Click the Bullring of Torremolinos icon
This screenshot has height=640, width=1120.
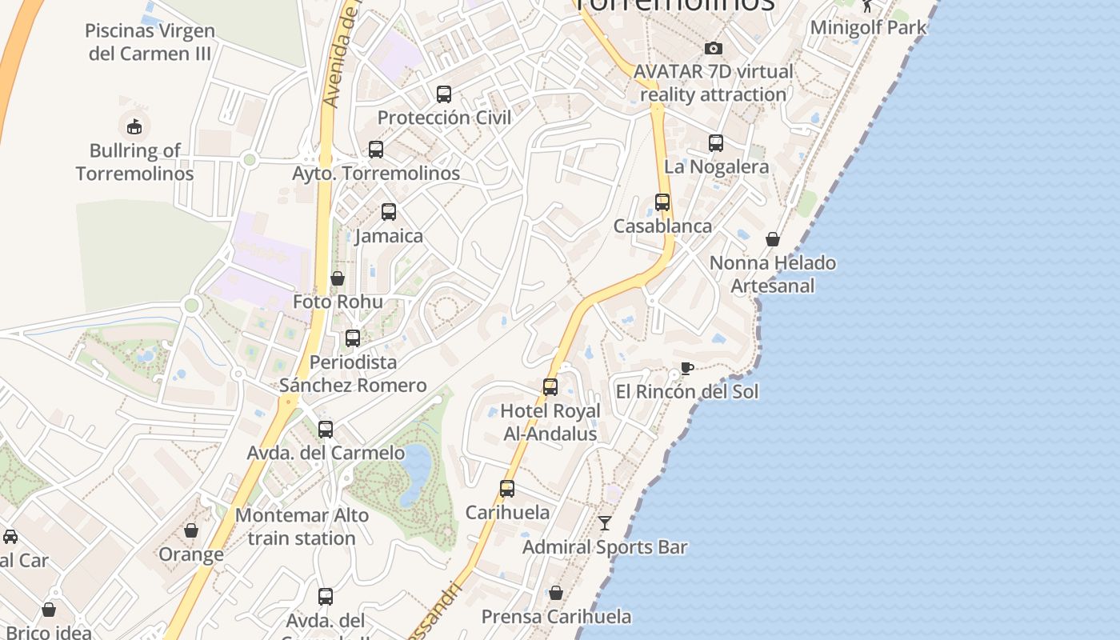[134, 126]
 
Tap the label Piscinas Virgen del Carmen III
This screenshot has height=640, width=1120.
[150, 42]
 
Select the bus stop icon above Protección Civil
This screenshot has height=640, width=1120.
[444, 94]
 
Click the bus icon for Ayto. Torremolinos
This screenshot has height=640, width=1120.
[376, 149]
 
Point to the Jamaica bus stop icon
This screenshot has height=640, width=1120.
[389, 212]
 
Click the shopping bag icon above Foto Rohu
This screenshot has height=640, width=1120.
[338, 278]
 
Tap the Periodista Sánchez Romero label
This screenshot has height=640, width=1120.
[353, 374]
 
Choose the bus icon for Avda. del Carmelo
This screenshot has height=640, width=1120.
[326, 430]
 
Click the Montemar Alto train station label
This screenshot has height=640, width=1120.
[302, 526]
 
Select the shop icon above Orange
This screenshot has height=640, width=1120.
[191, 530]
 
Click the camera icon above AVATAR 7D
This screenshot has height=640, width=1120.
[714, 48]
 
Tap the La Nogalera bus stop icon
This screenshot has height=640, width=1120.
[716, 143]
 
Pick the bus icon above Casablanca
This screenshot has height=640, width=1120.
[662, 202]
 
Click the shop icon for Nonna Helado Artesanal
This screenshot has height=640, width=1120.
[773, 239]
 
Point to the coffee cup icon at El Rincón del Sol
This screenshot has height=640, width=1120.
[686, 368]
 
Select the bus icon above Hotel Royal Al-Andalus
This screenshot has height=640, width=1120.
[550, 387]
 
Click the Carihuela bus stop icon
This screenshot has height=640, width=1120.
[507, 489]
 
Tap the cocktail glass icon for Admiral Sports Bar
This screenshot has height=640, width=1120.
[605, 523]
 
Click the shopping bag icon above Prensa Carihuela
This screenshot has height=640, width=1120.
[556, 593]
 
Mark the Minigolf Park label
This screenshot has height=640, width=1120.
[868, 27]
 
